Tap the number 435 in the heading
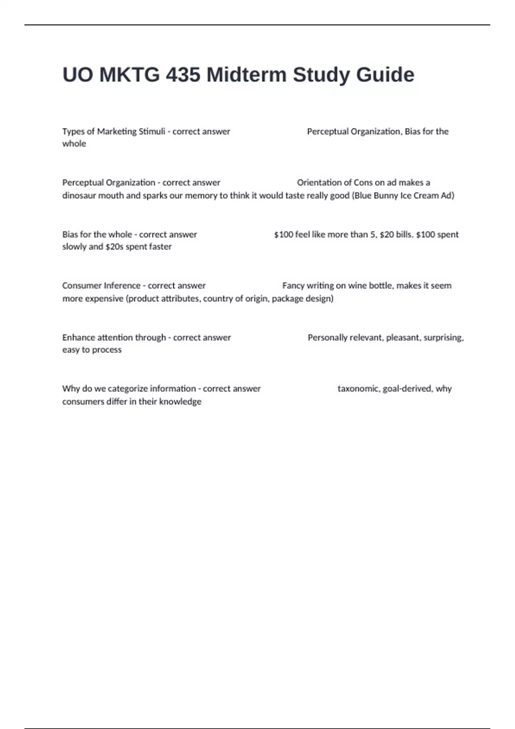[x=183, y=75]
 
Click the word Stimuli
[x=152, y=132]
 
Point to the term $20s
[x=114, y=247]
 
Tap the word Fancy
[x=293, y=286]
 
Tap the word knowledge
[x=180, y=402]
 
